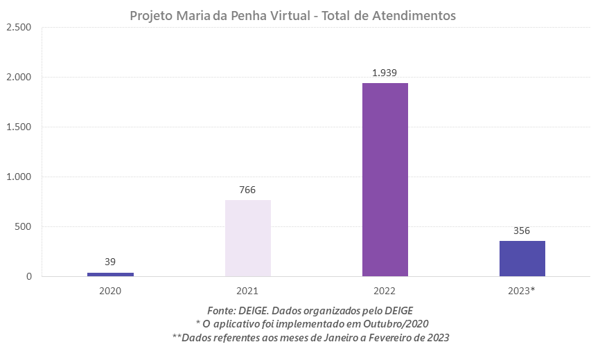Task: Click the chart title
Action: (293, 16)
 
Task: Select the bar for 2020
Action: (110, 274)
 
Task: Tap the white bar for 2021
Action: (247, 238)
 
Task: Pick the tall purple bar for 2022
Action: (385, 180)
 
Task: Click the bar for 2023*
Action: (522, 259)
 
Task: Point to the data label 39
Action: (110, 262)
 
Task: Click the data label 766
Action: (247, 189)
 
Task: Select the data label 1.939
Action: (385, 73)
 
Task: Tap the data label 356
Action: (522, 231)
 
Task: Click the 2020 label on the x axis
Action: (110, 291)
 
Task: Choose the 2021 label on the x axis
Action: (247, 291)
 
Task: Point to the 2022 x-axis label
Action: (385, 291)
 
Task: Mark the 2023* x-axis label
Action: (522, 291)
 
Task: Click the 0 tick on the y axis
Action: (30, 276)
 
